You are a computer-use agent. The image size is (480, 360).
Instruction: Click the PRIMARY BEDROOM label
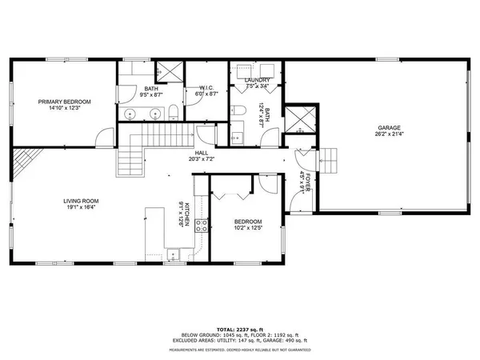(x=66, y=102)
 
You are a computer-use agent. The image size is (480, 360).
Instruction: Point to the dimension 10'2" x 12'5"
(x=246, y=227)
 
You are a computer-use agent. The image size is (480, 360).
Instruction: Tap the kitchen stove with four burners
(x=201, y=226)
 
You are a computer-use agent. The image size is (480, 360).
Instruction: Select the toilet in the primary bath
(x=173, y=111)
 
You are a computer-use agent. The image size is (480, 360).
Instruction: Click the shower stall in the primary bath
(x=166, y=72)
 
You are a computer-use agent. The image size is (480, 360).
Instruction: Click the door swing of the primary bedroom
(x=102, y=139)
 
